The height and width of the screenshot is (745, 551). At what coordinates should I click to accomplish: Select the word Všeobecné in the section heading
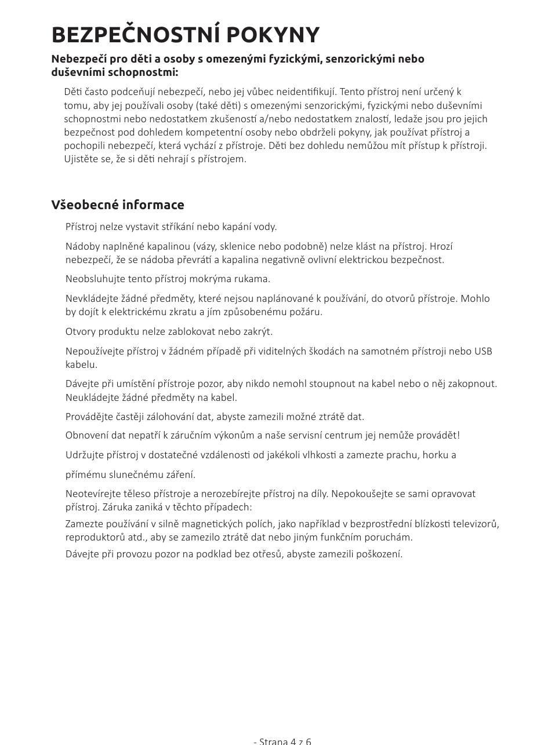point(85,204)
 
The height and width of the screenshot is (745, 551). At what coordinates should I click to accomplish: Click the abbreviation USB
point(483,351)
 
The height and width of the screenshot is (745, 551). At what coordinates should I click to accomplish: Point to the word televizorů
point(475,524)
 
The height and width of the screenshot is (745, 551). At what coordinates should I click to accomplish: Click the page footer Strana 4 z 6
point(282,741)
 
